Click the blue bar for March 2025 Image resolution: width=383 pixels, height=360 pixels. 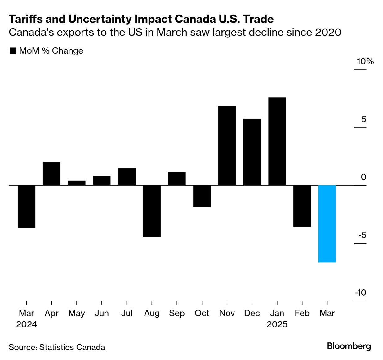pyautogui.click(x=327, y=224)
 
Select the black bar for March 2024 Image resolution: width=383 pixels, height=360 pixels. pyautogui.click(x=27, y=207)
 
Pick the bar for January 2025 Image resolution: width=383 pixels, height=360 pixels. pyautogui.click(x=277, y=141)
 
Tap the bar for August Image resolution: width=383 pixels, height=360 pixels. pyautogui.click(x=152, y=211)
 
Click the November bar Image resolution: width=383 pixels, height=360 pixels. pyautogui.click(x=227, y=146)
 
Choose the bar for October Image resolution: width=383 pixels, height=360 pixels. pyautogui.click(x=202, y=196)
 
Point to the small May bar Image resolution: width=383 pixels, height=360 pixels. pyautogui.click(x=77, y=183)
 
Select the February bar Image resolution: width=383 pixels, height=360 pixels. pyautogui.click(x=302, y=206)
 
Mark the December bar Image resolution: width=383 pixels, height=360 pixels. pyautogui.click(x=252, y=152)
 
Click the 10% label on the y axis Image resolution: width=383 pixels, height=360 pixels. pyautogui.click(x=365, y=61)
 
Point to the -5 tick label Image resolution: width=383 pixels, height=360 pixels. pyautogui.click(x=362, y=235)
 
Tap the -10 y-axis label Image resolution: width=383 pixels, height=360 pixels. pyautogui.click(x=360, y=292)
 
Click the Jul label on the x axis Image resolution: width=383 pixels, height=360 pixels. pyautogui.click(x=127, y=313)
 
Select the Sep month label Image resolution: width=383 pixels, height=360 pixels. pyautogui.click(x=177, y=313)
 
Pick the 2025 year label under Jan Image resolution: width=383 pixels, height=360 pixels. pyautogui.click(x=277, y=324)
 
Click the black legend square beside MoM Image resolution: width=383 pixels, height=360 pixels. pyautogui.click(x=13, y=51)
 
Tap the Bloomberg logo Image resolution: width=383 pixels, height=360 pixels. pyautogui.click(x=349, y=346)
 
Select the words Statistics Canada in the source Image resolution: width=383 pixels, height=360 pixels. pyautogui.click(x=72, y=347)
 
